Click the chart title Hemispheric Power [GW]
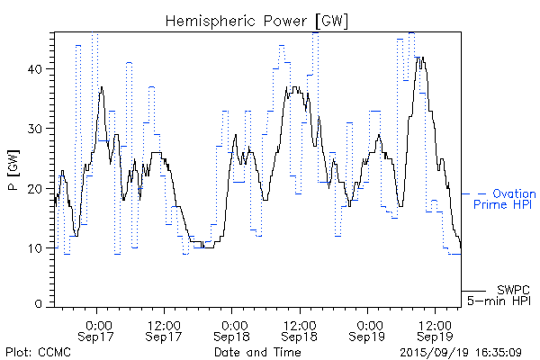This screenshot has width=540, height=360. [256, 19]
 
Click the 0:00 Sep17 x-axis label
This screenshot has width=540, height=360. [97, 329]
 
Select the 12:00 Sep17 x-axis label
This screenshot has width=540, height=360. [165, 329]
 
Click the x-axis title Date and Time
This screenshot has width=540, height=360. [257, 352]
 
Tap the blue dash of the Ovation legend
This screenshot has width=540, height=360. [481, 193]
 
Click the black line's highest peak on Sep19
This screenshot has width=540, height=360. [418, 57]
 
